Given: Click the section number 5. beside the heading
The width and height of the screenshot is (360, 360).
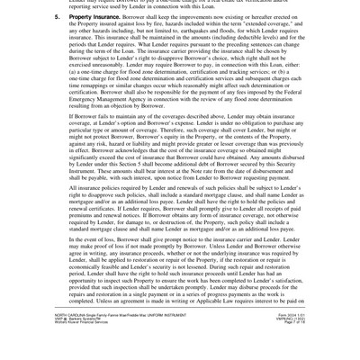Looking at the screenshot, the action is click(x=57, y=16).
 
